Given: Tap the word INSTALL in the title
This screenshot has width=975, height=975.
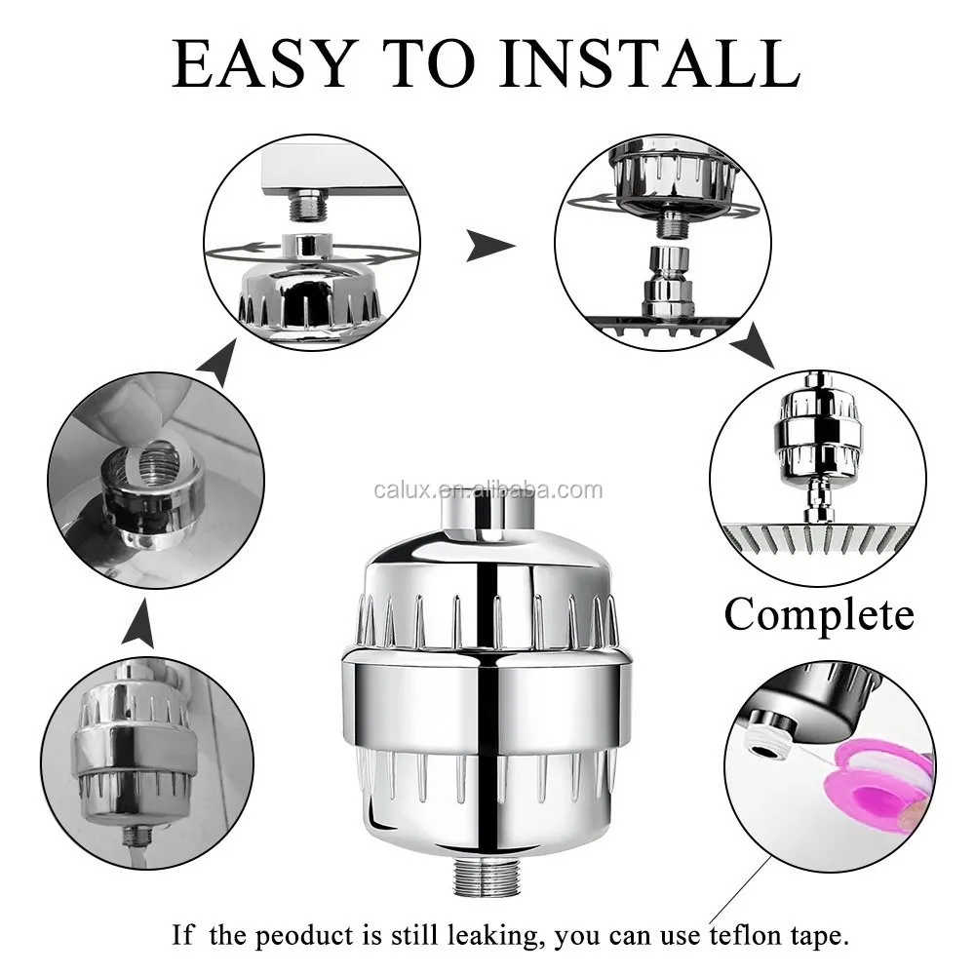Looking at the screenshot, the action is (x=649, y=62).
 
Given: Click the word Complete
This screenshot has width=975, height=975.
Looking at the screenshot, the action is (x=819, y=615).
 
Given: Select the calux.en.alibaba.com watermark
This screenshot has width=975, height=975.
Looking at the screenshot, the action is (x=488, y=490).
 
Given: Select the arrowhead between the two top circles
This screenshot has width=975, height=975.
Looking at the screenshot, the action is (x=489, y=245).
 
